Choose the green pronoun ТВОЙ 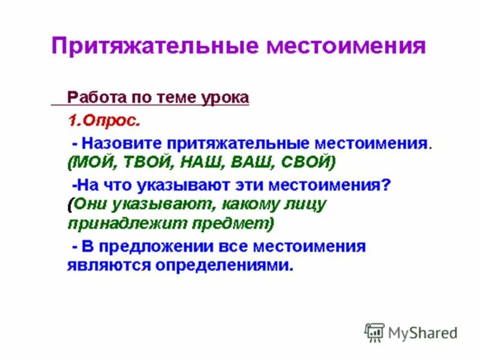pyautogui.click(x=144, y=162)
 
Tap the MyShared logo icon pyautogui.click(x=374, y=332)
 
